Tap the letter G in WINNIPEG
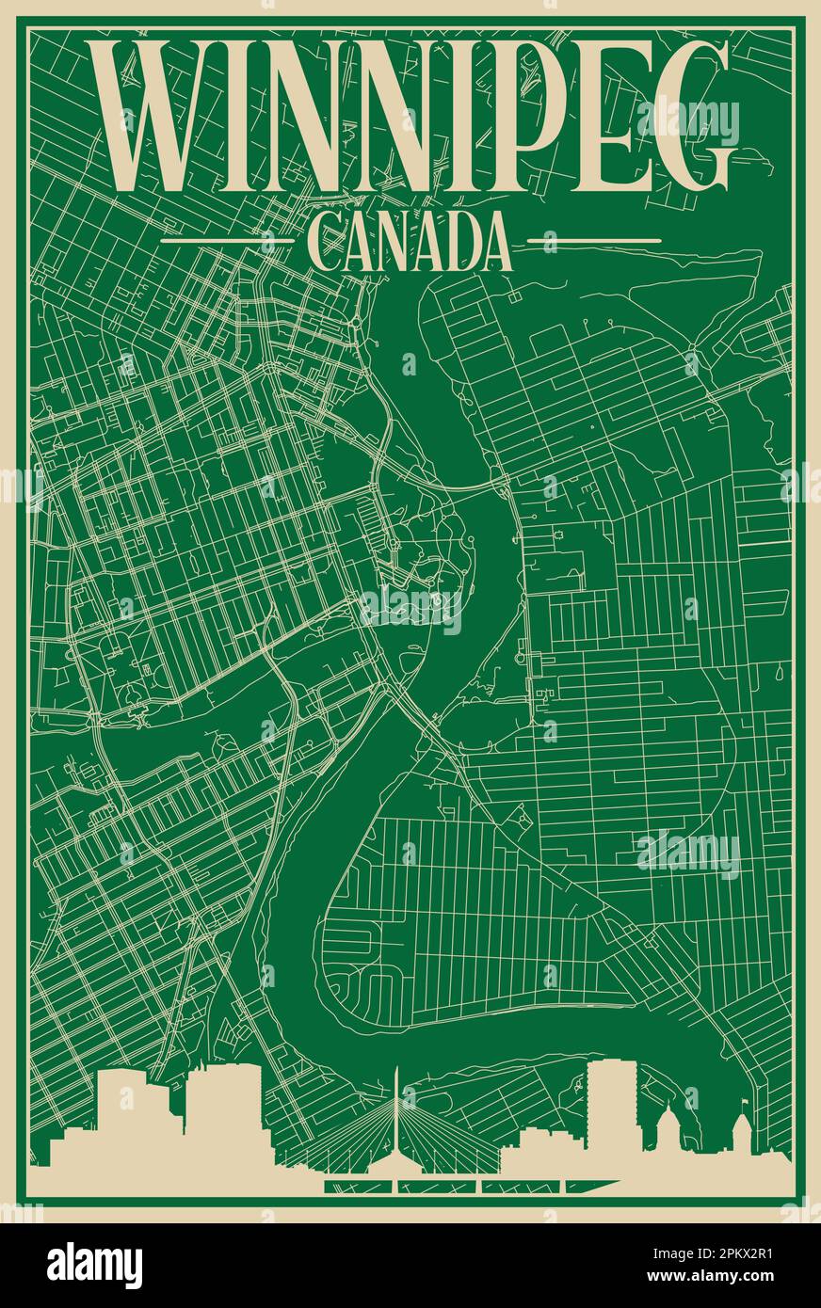[x=691, y=117]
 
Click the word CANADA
[x=410, y=243]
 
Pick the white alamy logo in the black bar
[x=95, y=1265]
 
